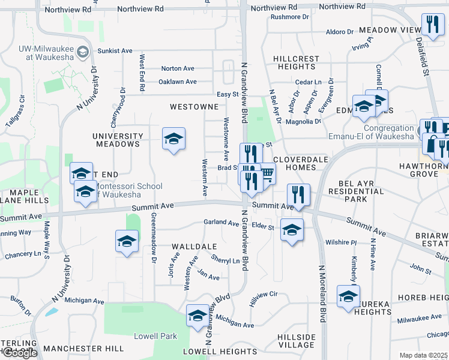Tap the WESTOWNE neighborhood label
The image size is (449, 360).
coord(193,107)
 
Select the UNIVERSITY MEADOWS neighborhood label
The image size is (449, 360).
coord(118,140)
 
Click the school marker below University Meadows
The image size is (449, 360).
coord(173,139)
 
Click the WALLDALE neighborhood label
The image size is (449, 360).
coord(194,247)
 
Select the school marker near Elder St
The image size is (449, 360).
coord(292,230)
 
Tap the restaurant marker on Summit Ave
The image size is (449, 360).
coord(298,194)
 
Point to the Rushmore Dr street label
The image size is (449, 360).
coord(289,17)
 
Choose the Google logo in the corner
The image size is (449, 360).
coord(19,353)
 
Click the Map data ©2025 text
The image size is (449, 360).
coord(423,355)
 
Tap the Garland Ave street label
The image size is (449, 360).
coord(221,223)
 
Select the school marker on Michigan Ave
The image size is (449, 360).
coord(197,316)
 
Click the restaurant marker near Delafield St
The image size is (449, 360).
coord(432,25)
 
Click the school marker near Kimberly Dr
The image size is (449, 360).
coord(348,296)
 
